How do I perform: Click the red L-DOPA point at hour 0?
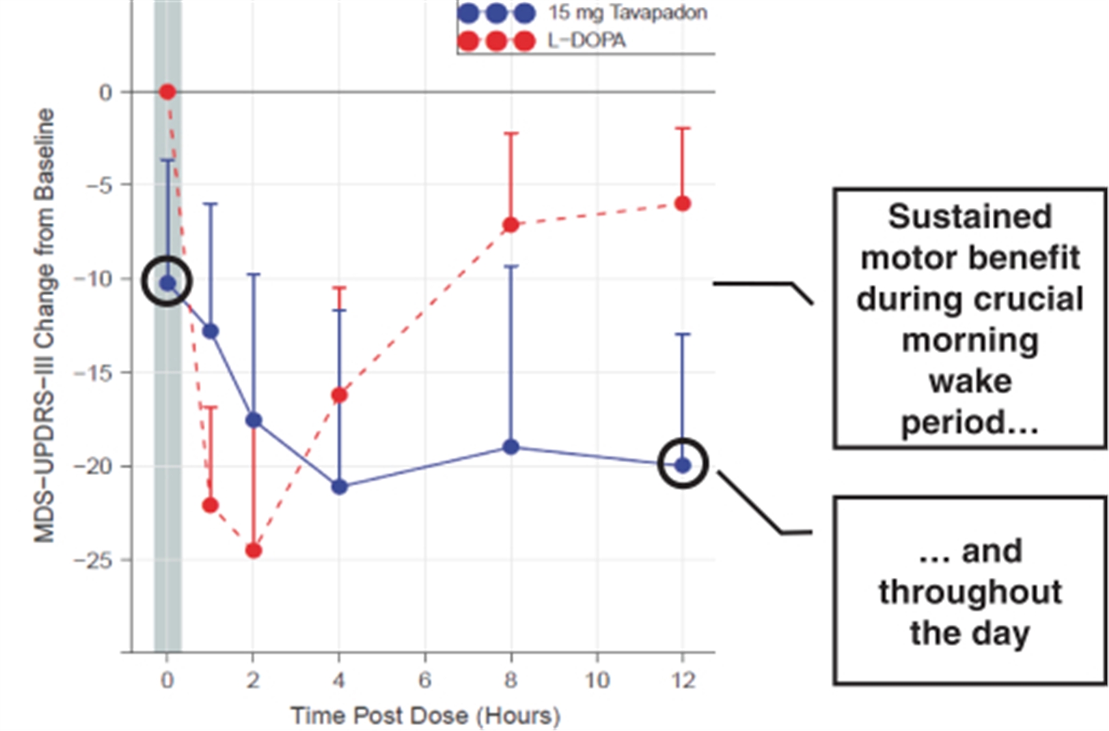167,92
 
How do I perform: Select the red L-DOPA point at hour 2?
254,551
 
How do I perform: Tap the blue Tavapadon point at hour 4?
339,487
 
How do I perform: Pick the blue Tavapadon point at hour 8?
511,447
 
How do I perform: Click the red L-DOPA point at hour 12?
683,203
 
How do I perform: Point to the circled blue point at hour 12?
683,464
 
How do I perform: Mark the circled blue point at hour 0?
167,283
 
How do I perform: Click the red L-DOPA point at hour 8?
511,225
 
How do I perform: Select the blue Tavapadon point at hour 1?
210,331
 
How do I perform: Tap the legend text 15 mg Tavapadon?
627,13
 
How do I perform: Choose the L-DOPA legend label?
586,40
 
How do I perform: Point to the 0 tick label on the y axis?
106,92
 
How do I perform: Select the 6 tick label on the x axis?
425,680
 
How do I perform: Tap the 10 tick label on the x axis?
597,680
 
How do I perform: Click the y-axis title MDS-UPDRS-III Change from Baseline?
45,325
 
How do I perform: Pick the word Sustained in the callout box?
969,217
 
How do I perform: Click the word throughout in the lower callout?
969,592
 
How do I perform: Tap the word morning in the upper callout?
969,340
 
